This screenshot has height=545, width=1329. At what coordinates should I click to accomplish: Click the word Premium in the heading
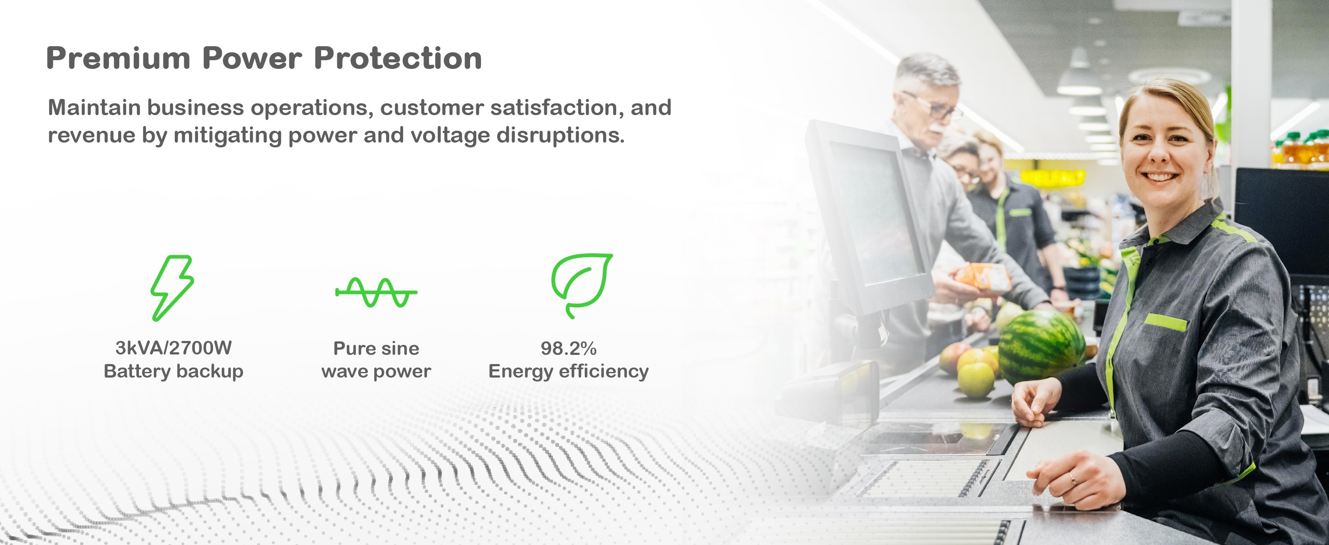coord(119,58)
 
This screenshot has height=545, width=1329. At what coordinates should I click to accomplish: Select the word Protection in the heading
coord(398,58)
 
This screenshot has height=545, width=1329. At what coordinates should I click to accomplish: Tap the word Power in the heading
coord(252,58)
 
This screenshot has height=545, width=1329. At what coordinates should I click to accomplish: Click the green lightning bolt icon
coord(172,287)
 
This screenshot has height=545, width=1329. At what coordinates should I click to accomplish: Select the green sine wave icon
coord(376,292)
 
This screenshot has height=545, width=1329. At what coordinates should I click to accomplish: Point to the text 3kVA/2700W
coord(173,348)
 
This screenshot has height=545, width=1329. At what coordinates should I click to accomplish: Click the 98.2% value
coord(569,348)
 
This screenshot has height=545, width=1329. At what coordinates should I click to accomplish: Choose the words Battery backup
coord(173,371)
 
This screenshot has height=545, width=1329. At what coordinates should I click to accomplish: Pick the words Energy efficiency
coord(569,371)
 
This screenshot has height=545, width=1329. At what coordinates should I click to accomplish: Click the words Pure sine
coord(376,348)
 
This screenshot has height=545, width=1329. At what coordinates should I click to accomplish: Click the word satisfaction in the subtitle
coord(553,107)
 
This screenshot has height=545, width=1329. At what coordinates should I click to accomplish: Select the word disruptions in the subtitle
coord(560,135)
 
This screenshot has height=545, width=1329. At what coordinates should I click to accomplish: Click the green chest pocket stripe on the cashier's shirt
coord(1166,322)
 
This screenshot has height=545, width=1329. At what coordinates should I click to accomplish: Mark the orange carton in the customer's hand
coord(982,278)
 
